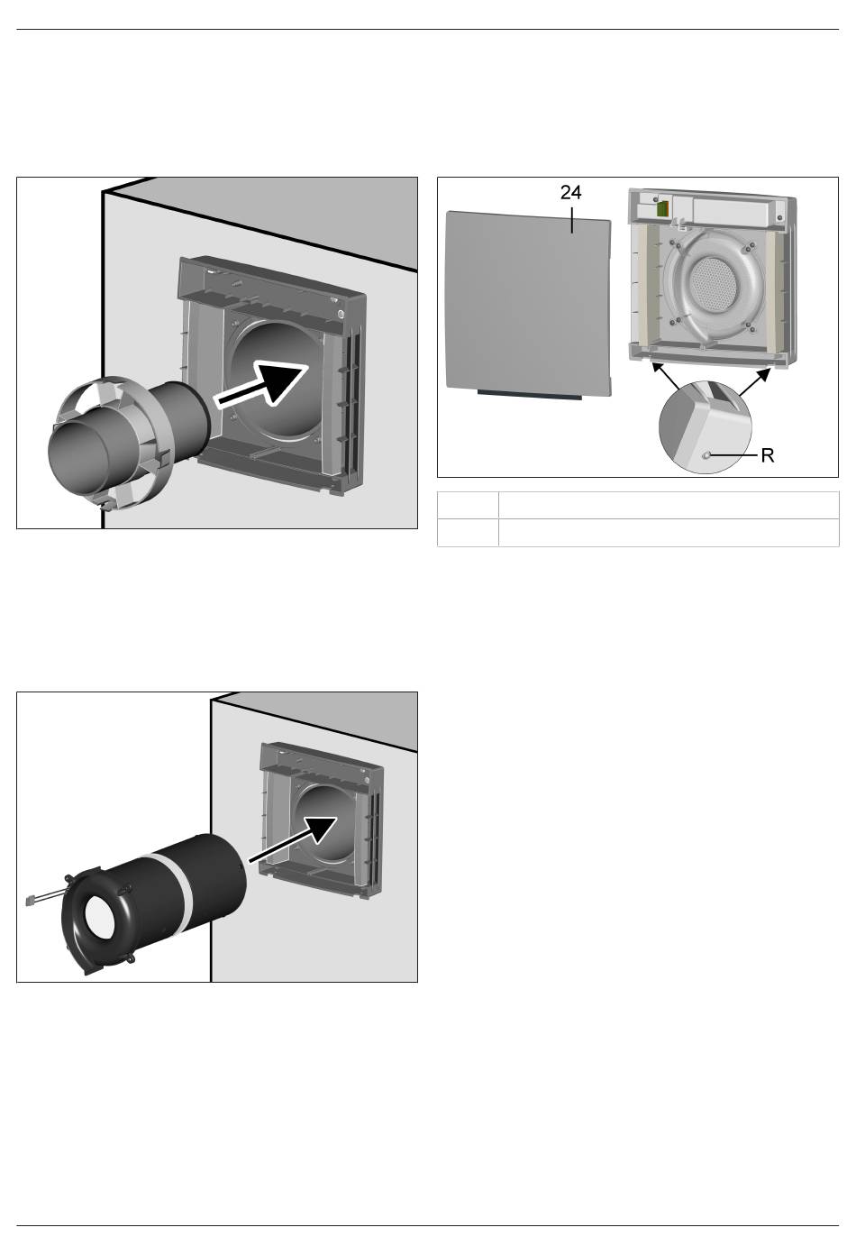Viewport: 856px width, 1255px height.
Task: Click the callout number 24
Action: pyautogui.click(x=570, y=193)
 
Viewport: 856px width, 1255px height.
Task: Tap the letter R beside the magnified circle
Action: pyautogui.click(x=768, y=455)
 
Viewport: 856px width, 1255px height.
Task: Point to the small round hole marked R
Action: pyautogui.click(x=706, y=455)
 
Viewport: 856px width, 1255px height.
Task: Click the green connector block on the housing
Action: pyautogui.click(x=663, y=209)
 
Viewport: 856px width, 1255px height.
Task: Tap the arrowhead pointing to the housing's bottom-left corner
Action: pyautogui.click(x=659, y=370)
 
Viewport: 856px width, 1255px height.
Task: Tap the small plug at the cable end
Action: pyautogui.click(x=32, y=901)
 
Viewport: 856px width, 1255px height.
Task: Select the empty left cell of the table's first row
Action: pyautogui.click(x=468, y=505)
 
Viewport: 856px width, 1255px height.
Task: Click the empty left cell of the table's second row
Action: pyautogui.click(x=468, y=532)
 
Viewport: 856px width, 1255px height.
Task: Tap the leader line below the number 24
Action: pyautogui.click(x=571, y=220)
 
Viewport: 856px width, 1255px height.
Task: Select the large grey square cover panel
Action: pyautogui.click(x=528, y=303)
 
